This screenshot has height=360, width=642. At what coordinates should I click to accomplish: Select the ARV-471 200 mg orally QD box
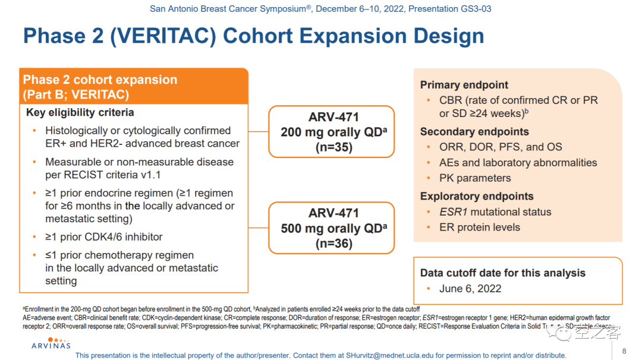331,132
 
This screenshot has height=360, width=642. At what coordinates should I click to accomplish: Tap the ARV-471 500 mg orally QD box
331,228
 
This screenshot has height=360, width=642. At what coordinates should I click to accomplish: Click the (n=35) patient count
333,147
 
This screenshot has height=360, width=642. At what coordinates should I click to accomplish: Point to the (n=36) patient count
333,244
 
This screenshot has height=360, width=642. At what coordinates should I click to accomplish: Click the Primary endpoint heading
464,85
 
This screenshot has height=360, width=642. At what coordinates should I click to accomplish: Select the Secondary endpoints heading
474,132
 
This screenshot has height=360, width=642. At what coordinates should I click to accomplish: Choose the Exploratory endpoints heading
477,197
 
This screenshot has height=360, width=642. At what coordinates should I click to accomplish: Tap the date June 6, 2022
470,289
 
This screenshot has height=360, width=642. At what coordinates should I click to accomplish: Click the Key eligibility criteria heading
80,112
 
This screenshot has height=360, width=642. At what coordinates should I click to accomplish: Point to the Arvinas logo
51,343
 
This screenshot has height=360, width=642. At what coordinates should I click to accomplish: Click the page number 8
624,350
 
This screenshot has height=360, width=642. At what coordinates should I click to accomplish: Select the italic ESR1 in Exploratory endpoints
452,212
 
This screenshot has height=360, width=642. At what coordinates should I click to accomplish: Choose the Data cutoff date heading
503,273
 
